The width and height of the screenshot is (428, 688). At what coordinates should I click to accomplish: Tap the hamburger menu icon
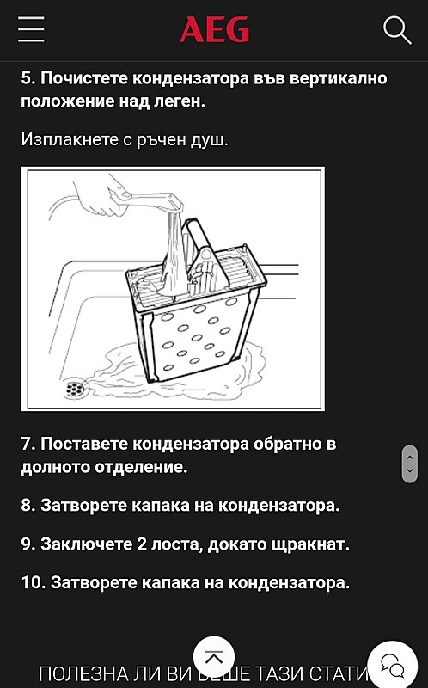click(x=31, y=30)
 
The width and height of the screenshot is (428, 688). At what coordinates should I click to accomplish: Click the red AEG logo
click(x=214, y=31)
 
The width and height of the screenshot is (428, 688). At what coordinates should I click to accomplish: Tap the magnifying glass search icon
click(x=397, y=30)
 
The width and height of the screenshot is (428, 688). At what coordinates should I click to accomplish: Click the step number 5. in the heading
click(x=28, y=78)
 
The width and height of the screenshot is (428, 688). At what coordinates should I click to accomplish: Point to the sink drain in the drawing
click(x=76, y=389)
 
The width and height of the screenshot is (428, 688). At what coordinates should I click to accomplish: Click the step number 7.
click(x=28, y=445)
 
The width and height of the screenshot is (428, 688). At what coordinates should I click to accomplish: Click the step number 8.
click(x=28, y=506)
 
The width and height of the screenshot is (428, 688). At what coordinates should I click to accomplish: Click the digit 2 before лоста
click(x=142, y=544)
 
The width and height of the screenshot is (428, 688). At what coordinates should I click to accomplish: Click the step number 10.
click(x=33, y=582)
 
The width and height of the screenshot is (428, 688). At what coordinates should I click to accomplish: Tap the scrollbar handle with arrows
click(x=410, y=464)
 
